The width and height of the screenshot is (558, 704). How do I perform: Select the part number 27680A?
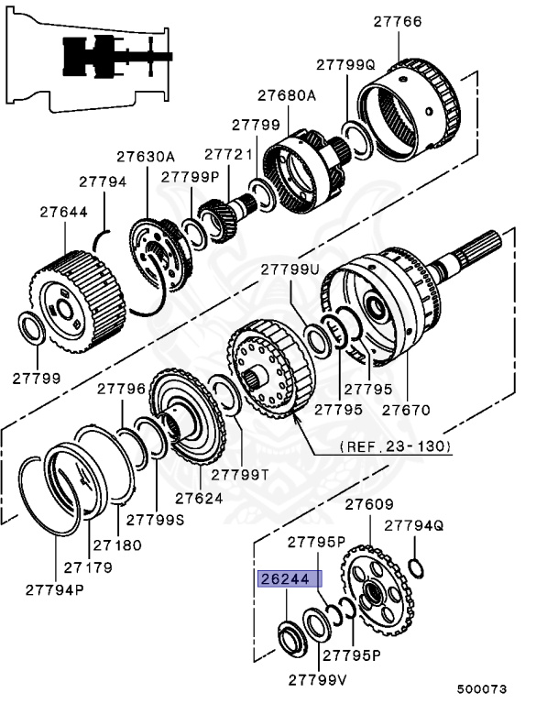[x=286, y=95]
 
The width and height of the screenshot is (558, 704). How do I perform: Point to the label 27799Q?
[x=346, y=65]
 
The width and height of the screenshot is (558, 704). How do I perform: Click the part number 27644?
[x=63, y=212]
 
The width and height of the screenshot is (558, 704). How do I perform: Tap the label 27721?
[x=228, y=155]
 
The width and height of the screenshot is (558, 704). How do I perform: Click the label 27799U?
[x=290, y=269]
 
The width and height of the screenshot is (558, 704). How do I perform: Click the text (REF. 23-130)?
[x=397, y=446]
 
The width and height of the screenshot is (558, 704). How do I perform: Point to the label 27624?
[x=199, y=499]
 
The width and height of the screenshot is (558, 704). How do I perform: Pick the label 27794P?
[x=55, y=588]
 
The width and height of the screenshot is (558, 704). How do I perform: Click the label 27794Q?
[x=414, y=526]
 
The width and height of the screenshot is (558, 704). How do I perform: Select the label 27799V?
[x=318, y=680]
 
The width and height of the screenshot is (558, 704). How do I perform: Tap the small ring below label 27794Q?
[x=416, y=568]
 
